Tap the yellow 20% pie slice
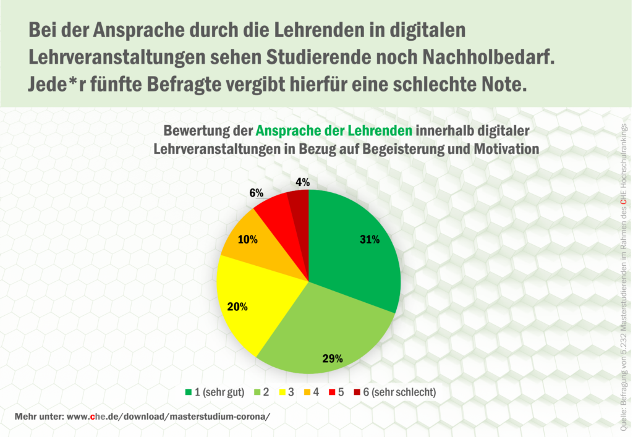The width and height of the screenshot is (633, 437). (260, 297)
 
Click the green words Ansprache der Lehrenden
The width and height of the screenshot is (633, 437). (334, 131)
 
